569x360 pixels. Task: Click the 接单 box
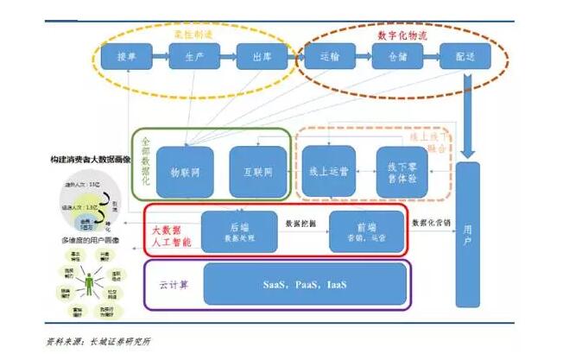[127, 57]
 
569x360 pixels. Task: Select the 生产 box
[193, 57]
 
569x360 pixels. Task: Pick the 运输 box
[329, 57]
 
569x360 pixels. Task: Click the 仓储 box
[396, 57]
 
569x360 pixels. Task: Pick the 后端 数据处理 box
[238, 231]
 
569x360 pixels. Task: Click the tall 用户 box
[467, 233]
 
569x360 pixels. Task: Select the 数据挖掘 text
[302, 222]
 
